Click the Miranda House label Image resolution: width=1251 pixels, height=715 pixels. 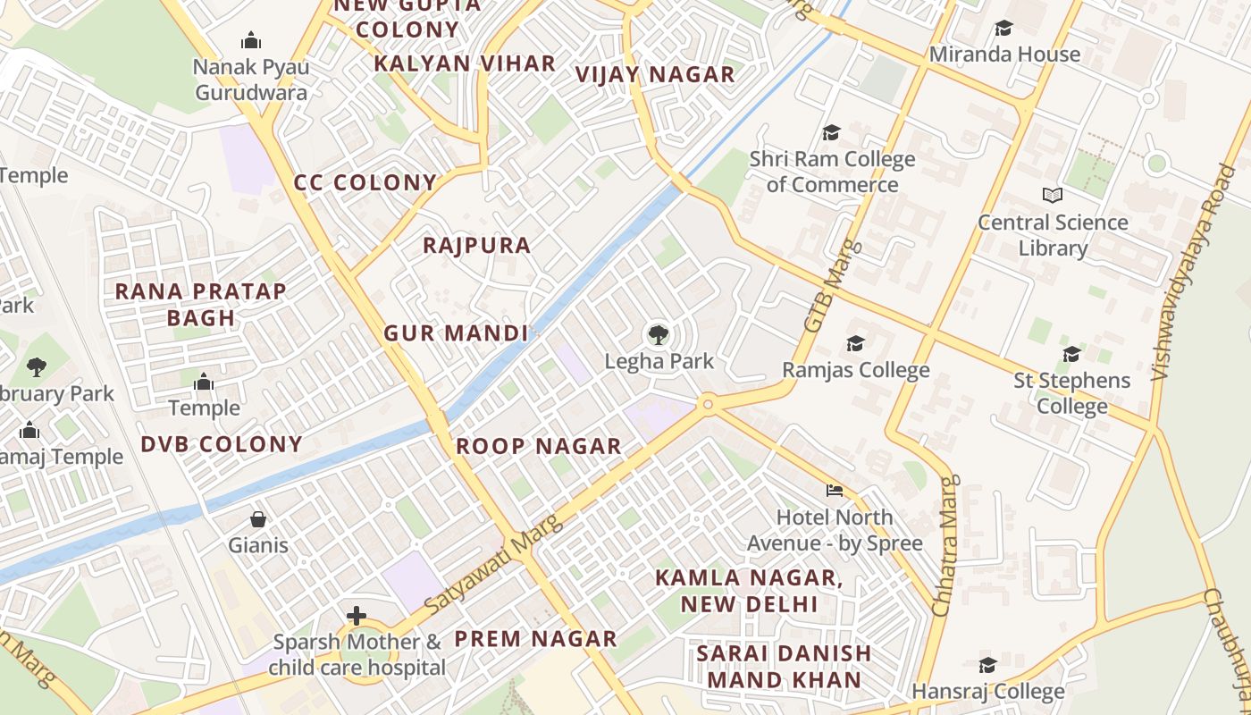(x=1004, y=55)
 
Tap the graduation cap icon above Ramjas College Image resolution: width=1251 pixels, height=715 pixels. (x=855, y=343)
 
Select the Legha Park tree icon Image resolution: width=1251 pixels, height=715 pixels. (x=659, y=336)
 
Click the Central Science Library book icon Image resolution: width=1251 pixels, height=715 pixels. (x=1053, y=195)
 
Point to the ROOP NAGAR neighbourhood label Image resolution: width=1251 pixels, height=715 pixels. (x=538, y=447)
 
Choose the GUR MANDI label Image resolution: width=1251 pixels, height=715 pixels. (x=456, y=334)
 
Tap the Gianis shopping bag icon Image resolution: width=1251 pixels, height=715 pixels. (x=257, y=519)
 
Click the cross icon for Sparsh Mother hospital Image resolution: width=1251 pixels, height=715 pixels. (x=357, y=615)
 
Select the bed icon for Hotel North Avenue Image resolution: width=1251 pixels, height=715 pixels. (x=834, y=491)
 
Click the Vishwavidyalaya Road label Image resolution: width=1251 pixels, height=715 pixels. (x=1185, y=273)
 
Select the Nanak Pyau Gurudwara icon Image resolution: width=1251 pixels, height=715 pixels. (x=251, y=40)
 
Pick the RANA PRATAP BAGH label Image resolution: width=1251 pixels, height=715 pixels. (x=201, y=304)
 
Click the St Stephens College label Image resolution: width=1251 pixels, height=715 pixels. (x=1071, y=393)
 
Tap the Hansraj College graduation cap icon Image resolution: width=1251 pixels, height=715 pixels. (x=987, y=665)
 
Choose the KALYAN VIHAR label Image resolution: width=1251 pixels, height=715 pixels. (x=464, y=64)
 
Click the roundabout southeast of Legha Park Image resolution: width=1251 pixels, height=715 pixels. (x=709, y=405)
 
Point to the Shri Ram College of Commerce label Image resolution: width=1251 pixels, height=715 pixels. (x=832, y=172)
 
